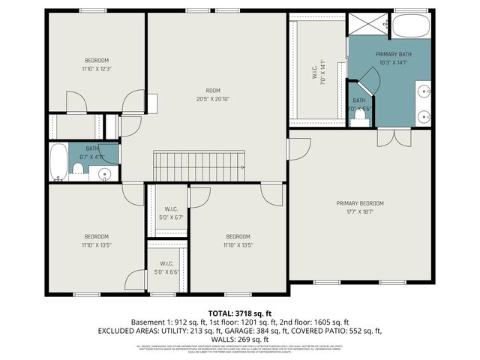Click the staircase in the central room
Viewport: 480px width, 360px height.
pos(199,164)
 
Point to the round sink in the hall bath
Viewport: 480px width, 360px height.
pos(105,175)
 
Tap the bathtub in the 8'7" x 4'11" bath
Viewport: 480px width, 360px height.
pos(58,163)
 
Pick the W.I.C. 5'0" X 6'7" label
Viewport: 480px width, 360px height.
pos(171,213)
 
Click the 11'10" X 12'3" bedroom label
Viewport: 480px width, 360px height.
pos(96,64)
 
